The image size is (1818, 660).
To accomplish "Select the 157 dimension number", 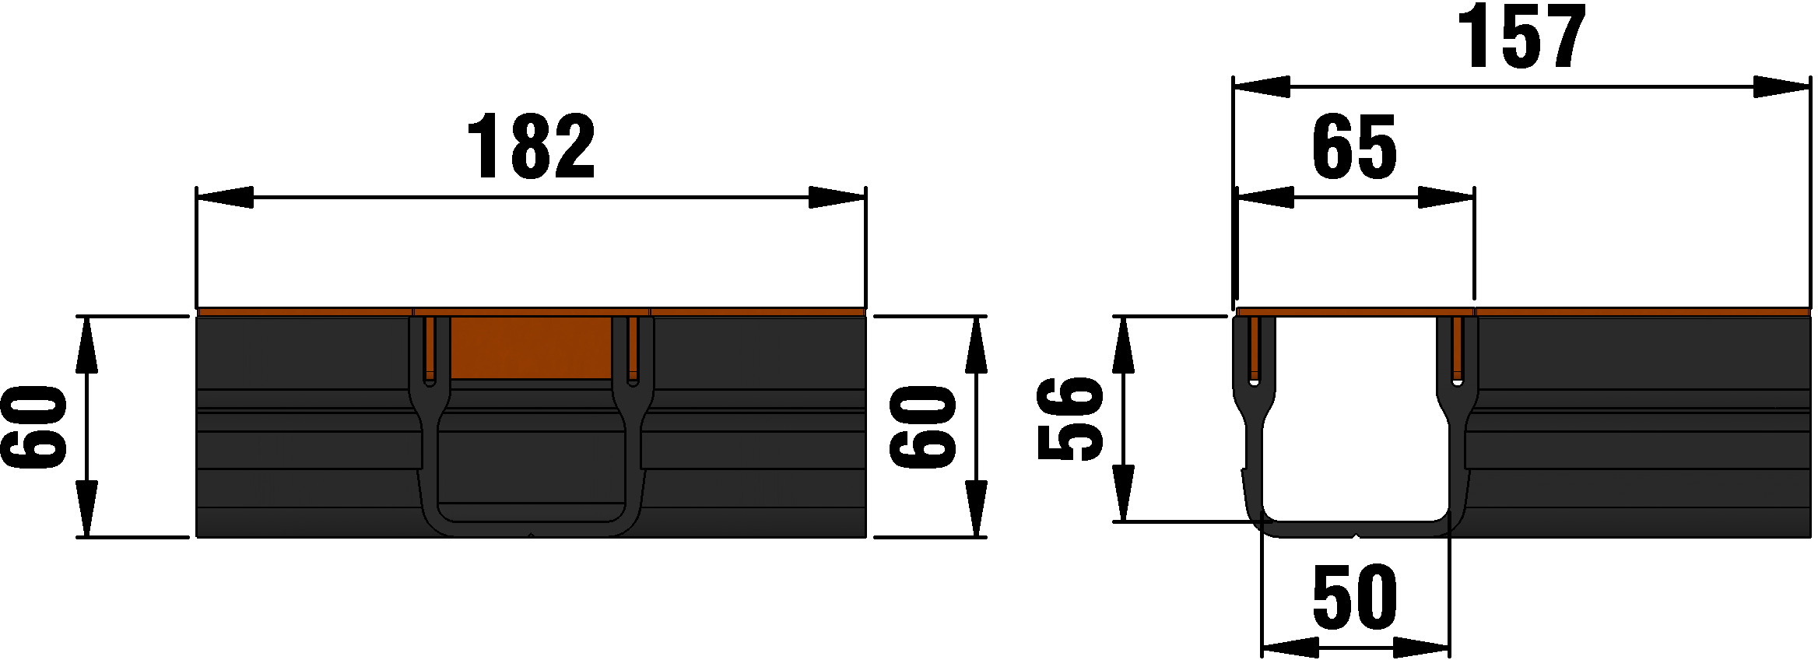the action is pyautogui.click(x=1522, y=37).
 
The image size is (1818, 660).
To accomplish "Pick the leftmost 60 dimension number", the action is pyautogui.click(x=33, y=427).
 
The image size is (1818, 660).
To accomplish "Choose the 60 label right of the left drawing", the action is pyautogui.click(x=923, y=427).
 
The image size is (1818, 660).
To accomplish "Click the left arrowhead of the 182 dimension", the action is pyautogui.click(x=225, y=198).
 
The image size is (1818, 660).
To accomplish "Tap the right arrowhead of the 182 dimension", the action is pyautogui.click(x=837, y=198).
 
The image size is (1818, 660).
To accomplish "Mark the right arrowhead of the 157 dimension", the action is pyautogui.click(x=1781, y=87).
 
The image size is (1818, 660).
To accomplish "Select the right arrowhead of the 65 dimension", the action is pyautogui.click(x=1446, y=198).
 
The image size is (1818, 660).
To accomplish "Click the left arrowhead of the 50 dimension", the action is pyautogui.click(x=1290, y=648).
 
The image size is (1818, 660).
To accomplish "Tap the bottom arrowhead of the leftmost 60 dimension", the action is pyautogui.click(x=86, y=509).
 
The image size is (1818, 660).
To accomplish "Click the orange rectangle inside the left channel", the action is pyautogui.click(x=531, y=348).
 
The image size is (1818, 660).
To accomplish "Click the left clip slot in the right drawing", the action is pyautogui.click(x=1253, y=350).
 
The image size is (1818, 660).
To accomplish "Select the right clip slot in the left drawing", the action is pyautogui.click(x=633, y=350).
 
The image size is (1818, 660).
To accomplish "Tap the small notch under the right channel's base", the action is pyautogui.click(x=1356, y=535).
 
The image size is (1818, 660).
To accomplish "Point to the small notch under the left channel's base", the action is pyautogui.click(x=531, y=535).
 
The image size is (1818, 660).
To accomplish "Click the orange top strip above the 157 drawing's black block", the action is pyautogui.click(x=1642, y=313).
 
